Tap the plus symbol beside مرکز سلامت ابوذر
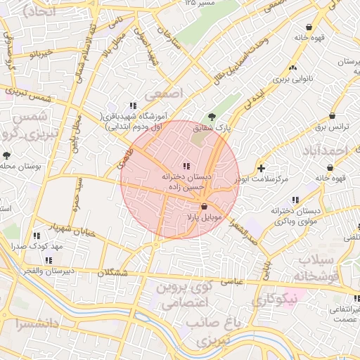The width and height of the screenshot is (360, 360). coord(262,168)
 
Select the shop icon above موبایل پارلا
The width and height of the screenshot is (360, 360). coord(204,207)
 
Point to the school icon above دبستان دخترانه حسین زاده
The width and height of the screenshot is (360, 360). coord(186,165)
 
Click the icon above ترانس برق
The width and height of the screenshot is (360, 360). coord(331,116)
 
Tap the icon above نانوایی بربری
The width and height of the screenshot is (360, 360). coord(292,67)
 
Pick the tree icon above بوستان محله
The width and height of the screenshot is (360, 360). coord(6,155)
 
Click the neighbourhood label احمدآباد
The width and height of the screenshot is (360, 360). coord(328,150)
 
